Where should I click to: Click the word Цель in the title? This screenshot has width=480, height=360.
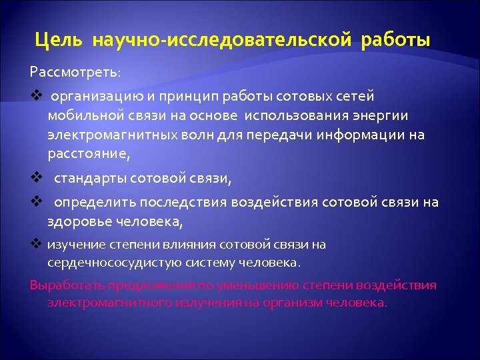[x=60, y=41]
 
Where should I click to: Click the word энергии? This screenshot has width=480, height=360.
[x=384, y=116]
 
